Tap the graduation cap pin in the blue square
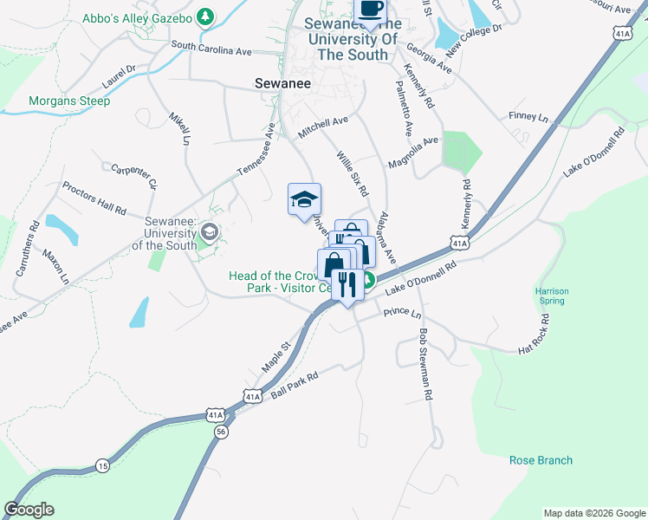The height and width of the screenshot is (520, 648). (x=304, y=200)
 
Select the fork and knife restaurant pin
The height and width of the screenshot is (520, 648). (x=347, y=285)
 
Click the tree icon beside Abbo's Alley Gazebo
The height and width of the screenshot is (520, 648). (x=204, y=16)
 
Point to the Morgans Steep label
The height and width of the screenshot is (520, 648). (x=69, y=101)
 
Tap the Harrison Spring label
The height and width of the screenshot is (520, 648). (x=550, y=296)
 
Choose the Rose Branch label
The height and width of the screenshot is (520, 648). (x=541, y=460)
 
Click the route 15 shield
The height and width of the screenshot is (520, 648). (x=103, y=465)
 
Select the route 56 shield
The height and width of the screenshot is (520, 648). (x=222, y=431)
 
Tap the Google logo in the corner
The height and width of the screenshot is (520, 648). (x=29, y=510)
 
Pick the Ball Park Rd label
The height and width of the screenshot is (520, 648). (x=295, y=384)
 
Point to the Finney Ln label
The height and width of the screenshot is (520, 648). (x=529, y=117)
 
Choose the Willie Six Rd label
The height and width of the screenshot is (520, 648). (x=353, y=172)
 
